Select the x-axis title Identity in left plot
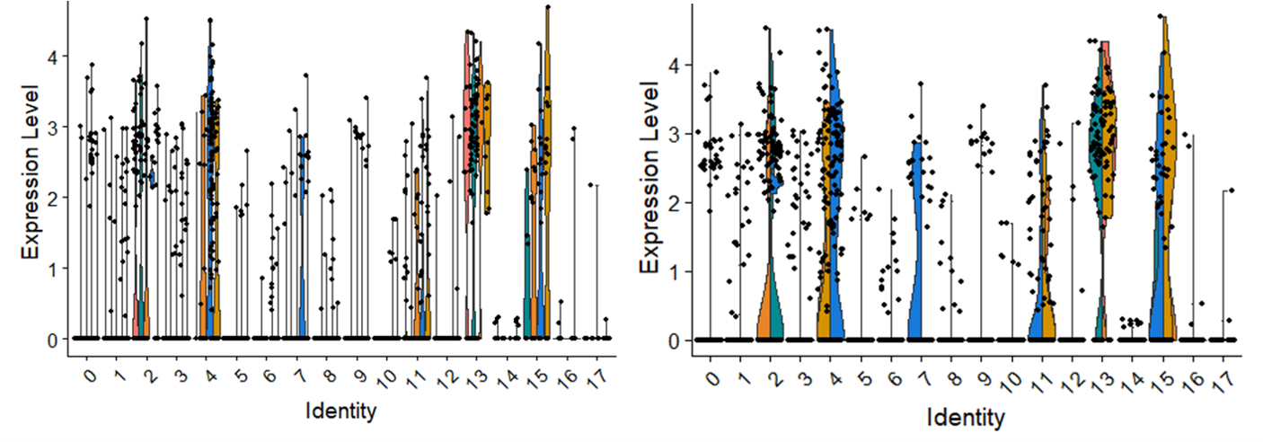point(340,412)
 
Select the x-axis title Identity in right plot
point(966,418)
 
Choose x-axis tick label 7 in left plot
point(301,373)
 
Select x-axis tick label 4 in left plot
point(212,373)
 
